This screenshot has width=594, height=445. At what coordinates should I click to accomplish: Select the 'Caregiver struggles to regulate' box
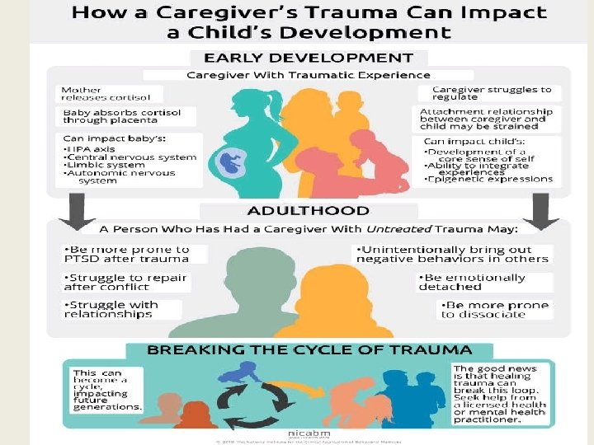pyautogui.click(x=492, y=93)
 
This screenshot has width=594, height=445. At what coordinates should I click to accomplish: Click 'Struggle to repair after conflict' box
pyautogui.click(x=126, y=282)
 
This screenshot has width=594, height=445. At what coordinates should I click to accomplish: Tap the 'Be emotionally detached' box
pyautogui.click(x=472, y=282)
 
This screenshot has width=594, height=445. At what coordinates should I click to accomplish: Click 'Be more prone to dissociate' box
pyautogui.click(x=493, y=309)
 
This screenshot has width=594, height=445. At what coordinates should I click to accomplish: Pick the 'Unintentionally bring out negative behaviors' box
pyautogui.click(x=452, y=254)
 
